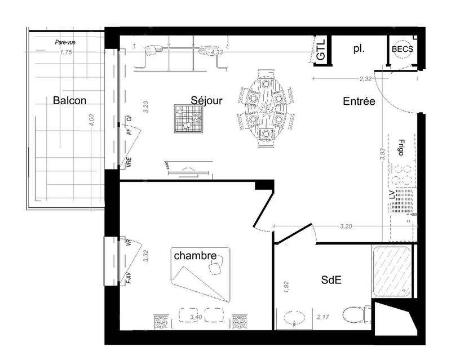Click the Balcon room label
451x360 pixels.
[69, 101]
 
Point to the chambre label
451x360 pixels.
[195, 256]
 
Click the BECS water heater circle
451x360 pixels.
[403, 50]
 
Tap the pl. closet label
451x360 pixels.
[359, 49]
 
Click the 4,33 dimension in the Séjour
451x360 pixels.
[217, 52]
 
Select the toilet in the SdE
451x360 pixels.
[356, 313]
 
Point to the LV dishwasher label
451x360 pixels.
[391, 195]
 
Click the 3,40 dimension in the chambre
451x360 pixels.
[197, 318]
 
